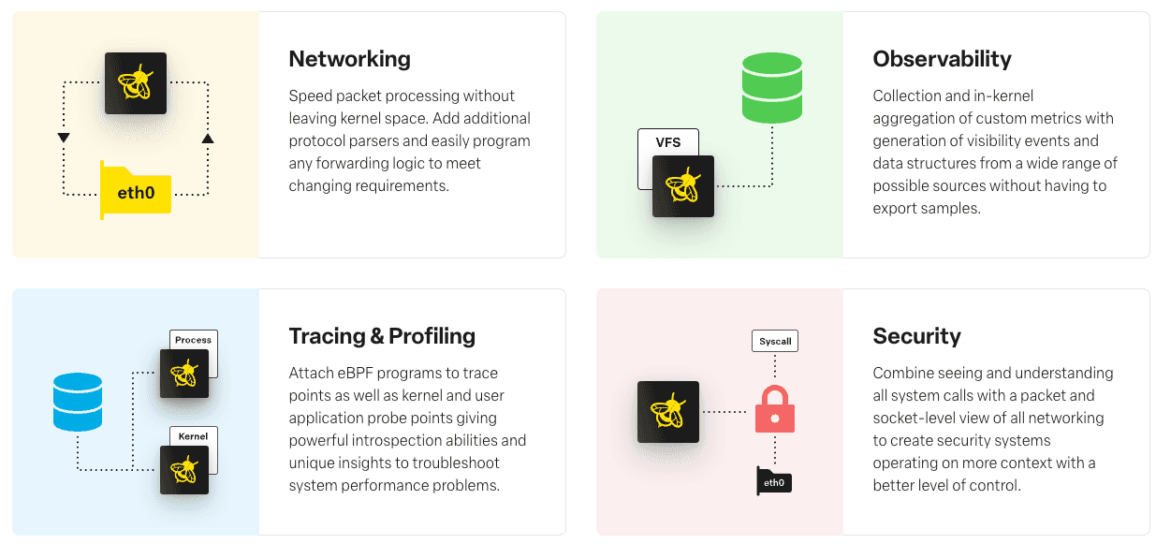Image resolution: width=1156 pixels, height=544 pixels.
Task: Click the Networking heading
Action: pos(349,59)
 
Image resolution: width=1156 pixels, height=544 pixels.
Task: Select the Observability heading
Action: pos(942,59)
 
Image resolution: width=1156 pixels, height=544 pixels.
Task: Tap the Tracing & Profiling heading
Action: pos(382,336)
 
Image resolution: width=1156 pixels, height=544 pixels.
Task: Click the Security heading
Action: pos(916,336)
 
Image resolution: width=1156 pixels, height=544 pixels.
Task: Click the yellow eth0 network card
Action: pos(136,190)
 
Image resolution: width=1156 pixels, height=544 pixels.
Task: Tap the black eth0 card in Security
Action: pos(774,481)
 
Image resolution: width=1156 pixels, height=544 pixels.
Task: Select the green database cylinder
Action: pos(772,88)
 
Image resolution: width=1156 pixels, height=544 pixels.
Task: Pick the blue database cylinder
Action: pos(78,402)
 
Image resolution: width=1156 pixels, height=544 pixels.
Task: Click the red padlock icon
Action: pos(775,409)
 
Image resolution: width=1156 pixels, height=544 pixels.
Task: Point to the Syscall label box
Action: pos(775,341)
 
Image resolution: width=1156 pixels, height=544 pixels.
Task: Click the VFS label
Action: pos(668,142)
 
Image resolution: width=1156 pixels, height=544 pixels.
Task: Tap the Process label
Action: pos(193,340)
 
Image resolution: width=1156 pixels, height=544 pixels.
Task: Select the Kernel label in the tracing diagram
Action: pos(193,436)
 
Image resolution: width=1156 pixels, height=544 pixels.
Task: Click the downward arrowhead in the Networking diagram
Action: pos(64,138)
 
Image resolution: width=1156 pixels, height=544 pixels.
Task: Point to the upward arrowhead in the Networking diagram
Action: pos(208,138)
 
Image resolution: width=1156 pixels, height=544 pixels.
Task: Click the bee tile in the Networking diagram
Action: pos(136,83)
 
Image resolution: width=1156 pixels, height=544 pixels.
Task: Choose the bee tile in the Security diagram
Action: pos(668,412)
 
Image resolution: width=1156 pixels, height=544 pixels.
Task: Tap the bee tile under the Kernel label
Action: pos(184,470)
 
